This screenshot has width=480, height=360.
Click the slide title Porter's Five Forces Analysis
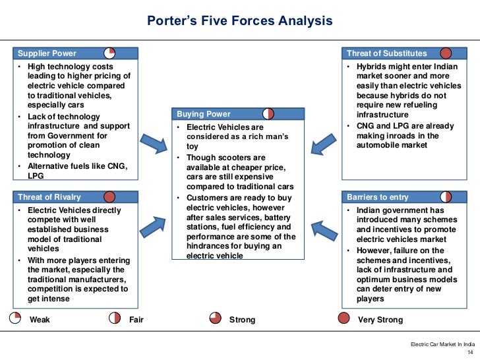tap(239, 21)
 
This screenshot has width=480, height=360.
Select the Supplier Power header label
tap(47, 53)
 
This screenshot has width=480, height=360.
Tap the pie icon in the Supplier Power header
tap(110, 53)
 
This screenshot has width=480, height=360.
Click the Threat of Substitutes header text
tap(387, 53)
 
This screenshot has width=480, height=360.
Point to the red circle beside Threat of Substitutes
tap(446, 53)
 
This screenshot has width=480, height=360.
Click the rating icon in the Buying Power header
tap(268, 114)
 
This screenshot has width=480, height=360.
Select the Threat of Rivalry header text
tap(49, 197)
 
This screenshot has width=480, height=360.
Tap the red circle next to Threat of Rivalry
tap(109, 196)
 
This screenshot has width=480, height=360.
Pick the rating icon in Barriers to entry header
tap(446, 196)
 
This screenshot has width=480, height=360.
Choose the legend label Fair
tap(136, 320)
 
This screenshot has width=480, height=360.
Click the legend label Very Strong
tap(380, 320)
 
